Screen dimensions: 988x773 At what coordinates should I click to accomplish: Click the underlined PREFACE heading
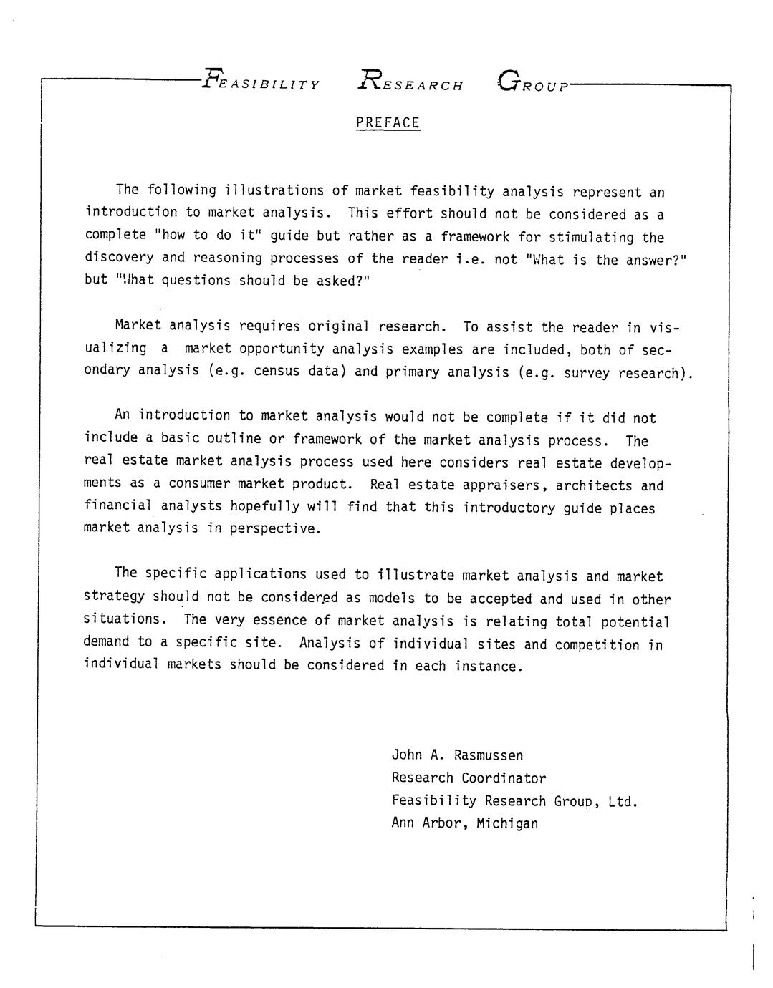click(x=388, y=123)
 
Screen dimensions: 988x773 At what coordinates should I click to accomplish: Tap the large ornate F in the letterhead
click(x=211, y=77)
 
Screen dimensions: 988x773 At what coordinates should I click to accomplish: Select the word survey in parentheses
click(x=586, y=373)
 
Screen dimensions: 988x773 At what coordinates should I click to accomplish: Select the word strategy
click(x=114, y=596)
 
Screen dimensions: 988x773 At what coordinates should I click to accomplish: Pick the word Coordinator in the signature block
click(x=504, y=778)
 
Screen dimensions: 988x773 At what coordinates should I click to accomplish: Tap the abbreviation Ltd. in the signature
click(x=623, y=801)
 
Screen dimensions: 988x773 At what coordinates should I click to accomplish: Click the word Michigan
click(x=507, y=823)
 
